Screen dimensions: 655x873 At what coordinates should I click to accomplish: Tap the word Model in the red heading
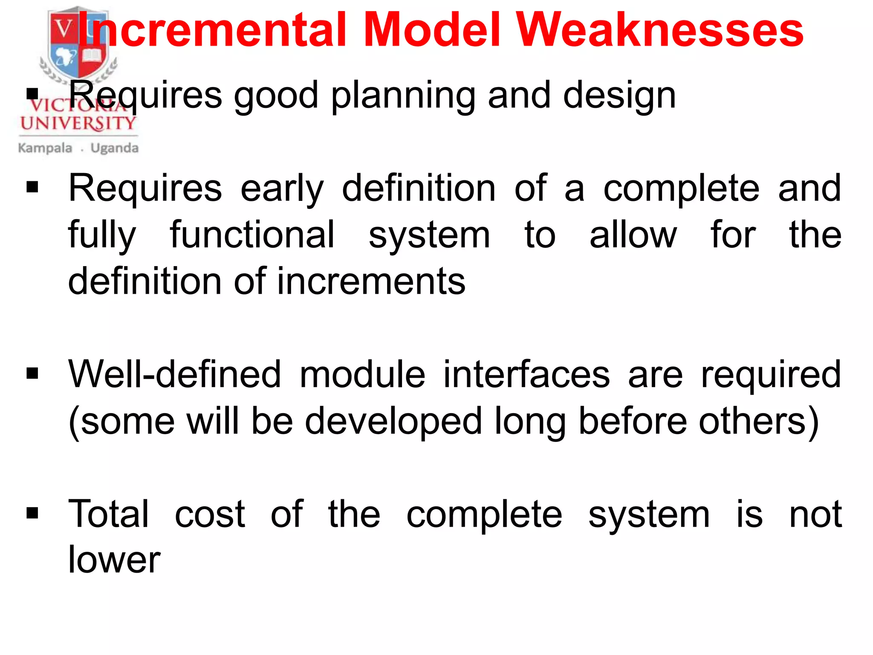pos(432,30)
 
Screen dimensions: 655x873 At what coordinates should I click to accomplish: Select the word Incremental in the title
pos(212,30)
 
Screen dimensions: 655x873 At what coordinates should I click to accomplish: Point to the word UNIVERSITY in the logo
pos(78,124)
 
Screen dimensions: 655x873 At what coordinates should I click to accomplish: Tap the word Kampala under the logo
pos(45,148)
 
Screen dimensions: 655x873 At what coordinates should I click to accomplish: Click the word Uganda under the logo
pos(114,148)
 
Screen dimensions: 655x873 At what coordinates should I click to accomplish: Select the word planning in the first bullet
pos(403,96)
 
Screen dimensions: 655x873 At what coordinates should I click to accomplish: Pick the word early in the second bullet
pos(282,189)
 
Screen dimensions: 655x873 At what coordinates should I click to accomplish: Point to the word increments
pos(371,281)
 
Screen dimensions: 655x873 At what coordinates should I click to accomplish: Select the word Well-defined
pos(175,374)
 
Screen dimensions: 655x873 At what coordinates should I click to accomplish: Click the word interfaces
pos(527,374)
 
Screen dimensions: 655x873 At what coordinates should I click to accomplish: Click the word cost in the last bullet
pos(210,514)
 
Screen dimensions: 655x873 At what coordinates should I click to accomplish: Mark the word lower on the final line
pos(114,559)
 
